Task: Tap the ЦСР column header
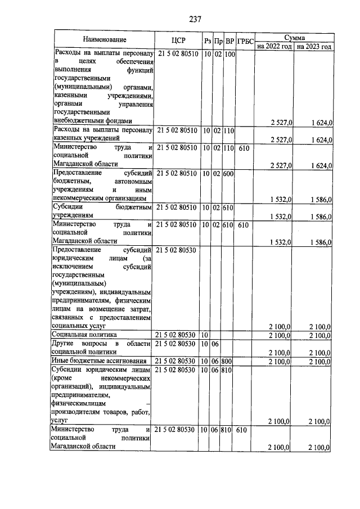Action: tap(177, 40)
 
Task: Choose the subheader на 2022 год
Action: tap(274, 46)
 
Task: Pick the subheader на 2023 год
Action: tap(314, 46)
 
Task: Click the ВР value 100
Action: tap(229, 55)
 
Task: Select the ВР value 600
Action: tap(229, 174)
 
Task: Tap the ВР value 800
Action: tap(229, 361)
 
